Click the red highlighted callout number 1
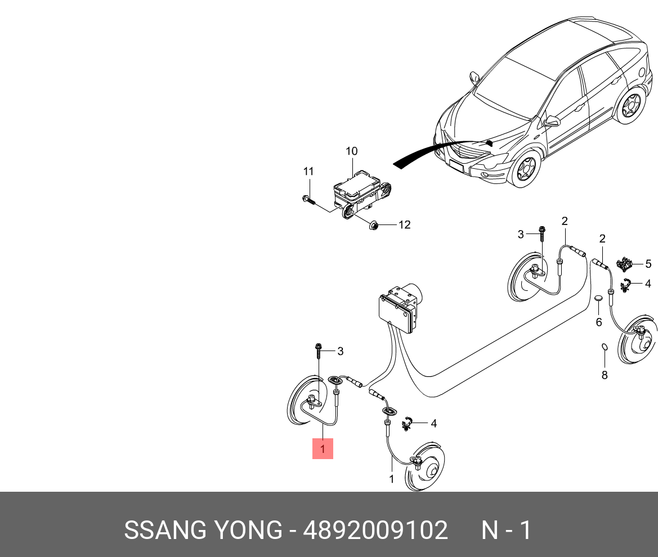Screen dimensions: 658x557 coord(323,449)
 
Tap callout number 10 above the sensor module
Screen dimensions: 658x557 coord(351,151)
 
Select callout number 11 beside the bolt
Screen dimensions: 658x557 coord(308,171)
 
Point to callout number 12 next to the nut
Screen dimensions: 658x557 coord(404,225)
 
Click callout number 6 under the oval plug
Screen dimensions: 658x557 coord(599,322)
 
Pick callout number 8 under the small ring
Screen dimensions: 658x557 coord(605,375)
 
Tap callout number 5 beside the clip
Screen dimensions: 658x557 coord(648,262)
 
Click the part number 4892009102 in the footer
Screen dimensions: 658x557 coord(375,531)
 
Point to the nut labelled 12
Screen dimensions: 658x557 coord(373,226)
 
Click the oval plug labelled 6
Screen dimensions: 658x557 coord(598,299)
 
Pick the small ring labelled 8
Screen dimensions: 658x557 coord(605,347)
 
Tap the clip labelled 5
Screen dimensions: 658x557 coord(624,263)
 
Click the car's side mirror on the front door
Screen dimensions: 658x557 coord(552,120)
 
